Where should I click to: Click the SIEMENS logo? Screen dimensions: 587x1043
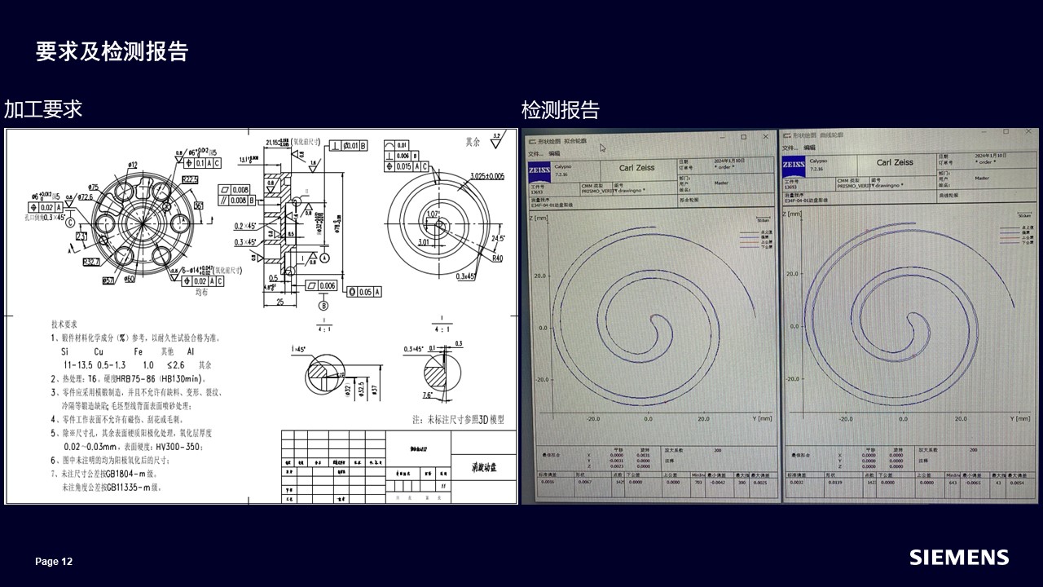959,558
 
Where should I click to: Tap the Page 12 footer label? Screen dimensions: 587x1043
54,562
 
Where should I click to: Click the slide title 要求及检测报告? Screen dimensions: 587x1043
112,51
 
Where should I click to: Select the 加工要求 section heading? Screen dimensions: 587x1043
43,109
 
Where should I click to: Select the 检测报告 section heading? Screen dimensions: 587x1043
560,109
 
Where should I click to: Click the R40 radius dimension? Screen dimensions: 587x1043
496,258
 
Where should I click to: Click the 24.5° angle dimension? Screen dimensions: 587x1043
499,239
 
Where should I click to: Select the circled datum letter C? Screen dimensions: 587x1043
70,222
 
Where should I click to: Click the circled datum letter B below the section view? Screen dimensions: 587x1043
323,306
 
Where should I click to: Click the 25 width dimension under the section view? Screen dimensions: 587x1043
279,302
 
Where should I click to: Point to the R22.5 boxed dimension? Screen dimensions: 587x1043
191,179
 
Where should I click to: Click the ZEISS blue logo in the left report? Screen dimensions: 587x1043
538,170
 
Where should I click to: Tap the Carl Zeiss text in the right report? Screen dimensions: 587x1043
894,162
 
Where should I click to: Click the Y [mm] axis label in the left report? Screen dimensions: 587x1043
763,418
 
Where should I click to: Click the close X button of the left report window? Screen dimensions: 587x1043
765,137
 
